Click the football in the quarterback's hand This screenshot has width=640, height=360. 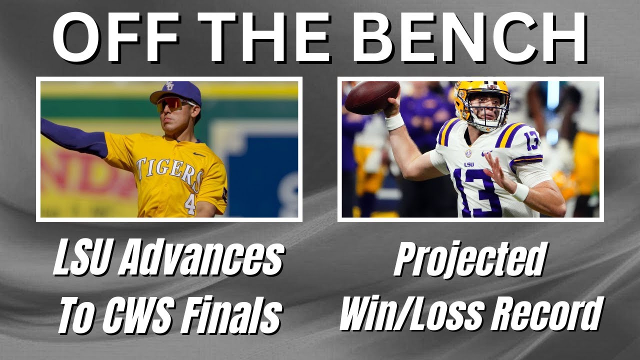click(x=372, y=97)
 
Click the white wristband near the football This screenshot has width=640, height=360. click(x=395, y=121)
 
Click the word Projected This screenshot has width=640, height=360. click(x=469, y=260)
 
